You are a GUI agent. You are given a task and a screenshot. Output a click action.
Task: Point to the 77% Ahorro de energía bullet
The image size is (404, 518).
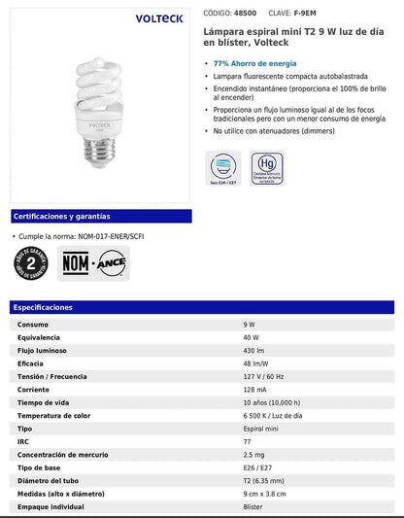point(253,63)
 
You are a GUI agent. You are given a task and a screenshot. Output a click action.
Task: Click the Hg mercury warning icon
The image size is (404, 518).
point(266,166)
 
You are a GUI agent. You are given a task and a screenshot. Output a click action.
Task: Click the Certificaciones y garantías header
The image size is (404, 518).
point(62,216)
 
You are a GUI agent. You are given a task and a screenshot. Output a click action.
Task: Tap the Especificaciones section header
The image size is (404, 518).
point(43,307)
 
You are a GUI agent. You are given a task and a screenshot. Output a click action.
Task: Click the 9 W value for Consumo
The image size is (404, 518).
point(250,324)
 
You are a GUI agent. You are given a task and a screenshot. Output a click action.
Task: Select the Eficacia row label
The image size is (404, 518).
point(32,363)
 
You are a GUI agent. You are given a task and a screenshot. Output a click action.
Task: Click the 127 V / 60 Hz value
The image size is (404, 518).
point(264,376)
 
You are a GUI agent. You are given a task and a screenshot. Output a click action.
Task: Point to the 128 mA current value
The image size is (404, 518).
point(254,389)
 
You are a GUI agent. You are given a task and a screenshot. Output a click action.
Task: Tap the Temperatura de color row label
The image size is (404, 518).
point(52,415)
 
